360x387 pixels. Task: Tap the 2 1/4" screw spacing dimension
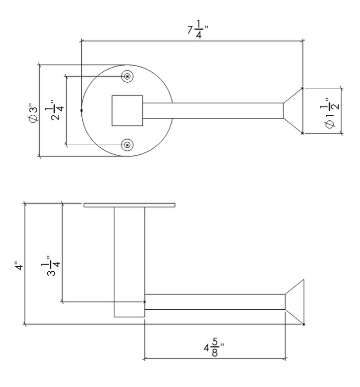(x=57, y=110)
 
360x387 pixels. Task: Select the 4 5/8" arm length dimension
(x=214, y=349)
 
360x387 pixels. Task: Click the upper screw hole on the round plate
(x=127, y=76)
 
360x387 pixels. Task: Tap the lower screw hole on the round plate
(x=127, y=145)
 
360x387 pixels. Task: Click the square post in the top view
(x=127, y=110)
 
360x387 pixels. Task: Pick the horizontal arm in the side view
(x=214, y=302)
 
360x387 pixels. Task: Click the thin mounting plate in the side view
(x=129, y=205)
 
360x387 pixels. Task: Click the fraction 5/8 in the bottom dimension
(x=216, y=349)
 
